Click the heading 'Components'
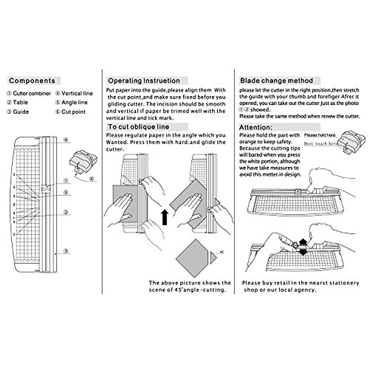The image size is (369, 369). (x=32, y=81)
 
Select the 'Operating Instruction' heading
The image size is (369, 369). (x=144, y=81)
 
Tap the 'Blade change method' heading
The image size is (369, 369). (x=276, y=81)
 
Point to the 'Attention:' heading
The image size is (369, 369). (x=256, y=127)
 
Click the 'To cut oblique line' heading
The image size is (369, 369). (x=138, y=127)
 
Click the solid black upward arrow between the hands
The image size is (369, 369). (x=165, y=217)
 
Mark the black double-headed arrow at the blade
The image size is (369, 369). (x=303, y=247)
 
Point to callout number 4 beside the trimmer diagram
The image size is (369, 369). (x=66, y=140)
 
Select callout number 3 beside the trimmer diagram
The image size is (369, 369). (x=65, y=251)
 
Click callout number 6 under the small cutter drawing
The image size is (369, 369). (x=92, y=179)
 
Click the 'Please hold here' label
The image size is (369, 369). (x=319, y=135)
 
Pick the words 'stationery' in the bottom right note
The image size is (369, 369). (x=344, y=283)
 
